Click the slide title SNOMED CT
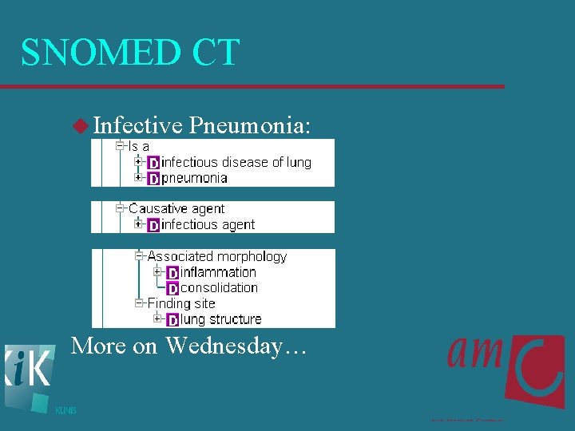click(130, 53)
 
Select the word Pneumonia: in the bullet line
click(249, 125)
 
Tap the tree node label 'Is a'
click(139, 147)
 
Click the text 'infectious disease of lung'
click(236, 163)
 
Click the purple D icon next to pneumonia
click(153, 179)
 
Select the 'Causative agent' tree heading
click(176, 209)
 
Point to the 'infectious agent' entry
click(208, 225)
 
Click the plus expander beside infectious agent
click(138, 224)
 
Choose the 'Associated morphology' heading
click(216, 256)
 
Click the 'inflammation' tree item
click(218, 272)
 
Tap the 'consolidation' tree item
click(219, 287)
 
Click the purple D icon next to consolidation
click(172, 289)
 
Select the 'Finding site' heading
click(181, 303)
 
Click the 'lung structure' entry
click(221, 319)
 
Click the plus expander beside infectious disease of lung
click(138, 162)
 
